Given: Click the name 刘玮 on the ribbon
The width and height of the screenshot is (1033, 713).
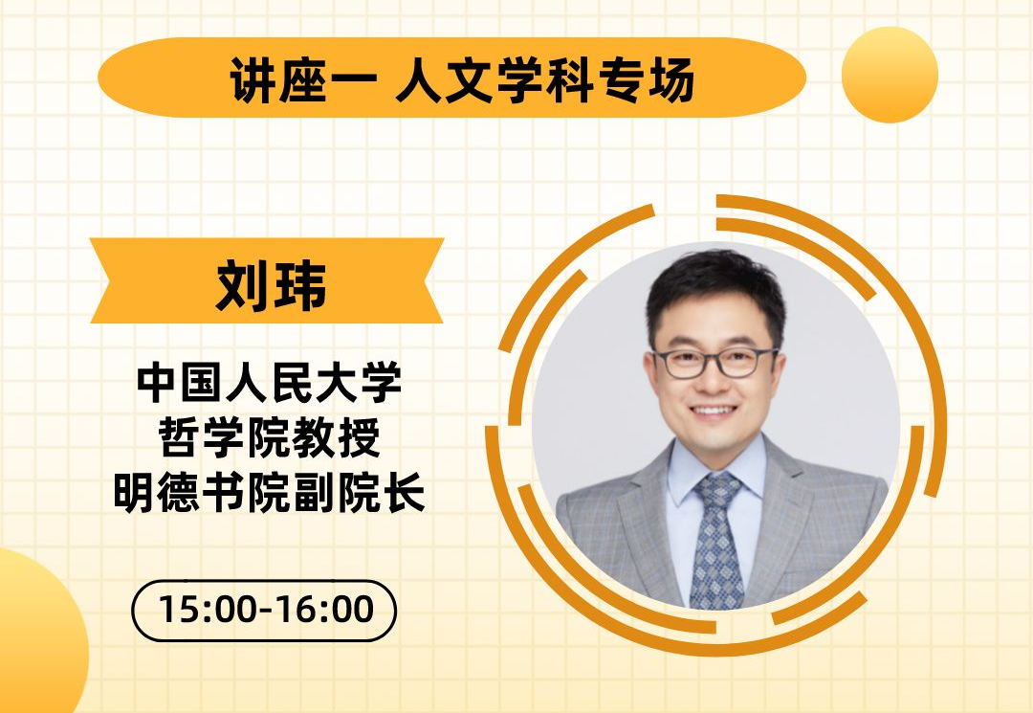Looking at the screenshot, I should tap(271, 283).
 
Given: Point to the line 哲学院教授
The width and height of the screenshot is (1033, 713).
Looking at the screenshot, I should tap(270, 438).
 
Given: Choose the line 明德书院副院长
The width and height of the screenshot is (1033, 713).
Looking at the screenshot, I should tap(270, 494).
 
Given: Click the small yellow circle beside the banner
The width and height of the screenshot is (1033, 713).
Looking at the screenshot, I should tap(890, 75).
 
